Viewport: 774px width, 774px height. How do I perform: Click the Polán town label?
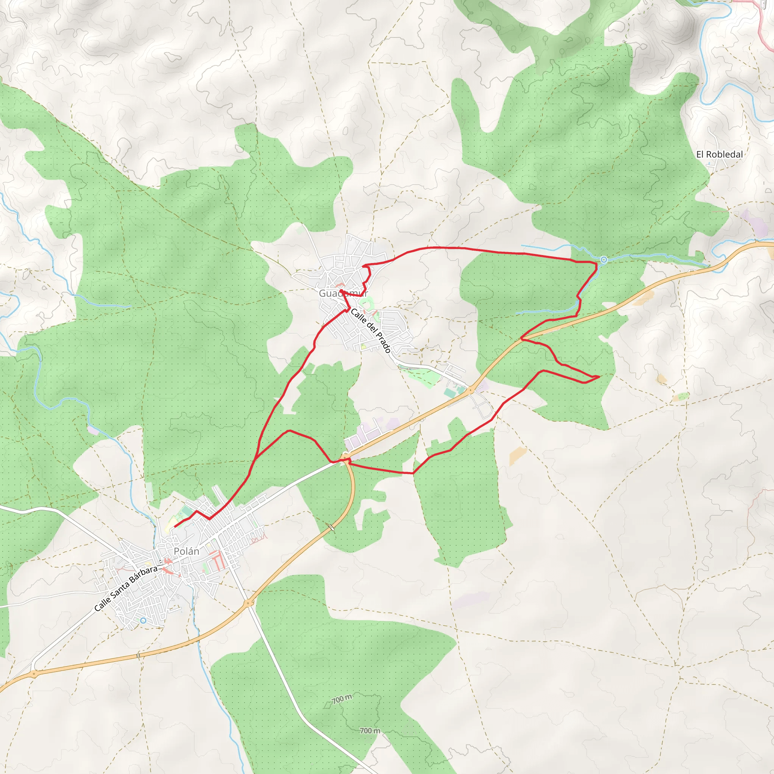click(186, 551)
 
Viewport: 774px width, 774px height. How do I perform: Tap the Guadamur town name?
click(343, 293)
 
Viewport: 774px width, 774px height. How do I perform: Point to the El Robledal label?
click(719, 154)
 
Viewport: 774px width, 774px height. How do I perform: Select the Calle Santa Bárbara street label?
click(126, 588)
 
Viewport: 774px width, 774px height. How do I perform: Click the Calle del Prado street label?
click(371, 331)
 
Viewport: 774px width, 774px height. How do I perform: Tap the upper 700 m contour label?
click(342, 699)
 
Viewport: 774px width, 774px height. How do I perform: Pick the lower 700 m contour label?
click(370, 731)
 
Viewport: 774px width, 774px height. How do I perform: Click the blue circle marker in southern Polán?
click(143, 621)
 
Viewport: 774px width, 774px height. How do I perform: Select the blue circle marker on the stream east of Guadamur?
click(604, 260)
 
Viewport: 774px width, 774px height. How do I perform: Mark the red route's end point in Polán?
click(175, 526)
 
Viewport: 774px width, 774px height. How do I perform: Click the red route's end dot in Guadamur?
click(341, 291)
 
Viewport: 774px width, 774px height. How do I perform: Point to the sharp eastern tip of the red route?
click(599, 376)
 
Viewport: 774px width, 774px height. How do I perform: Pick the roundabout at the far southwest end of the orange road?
click(34, 674)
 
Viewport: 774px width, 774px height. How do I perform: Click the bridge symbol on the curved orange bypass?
click(332, 528)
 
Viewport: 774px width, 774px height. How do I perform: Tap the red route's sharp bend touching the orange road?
click(522, 339)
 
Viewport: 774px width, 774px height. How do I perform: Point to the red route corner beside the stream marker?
click(596, 263)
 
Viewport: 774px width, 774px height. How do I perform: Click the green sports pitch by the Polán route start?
click(186, 512)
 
